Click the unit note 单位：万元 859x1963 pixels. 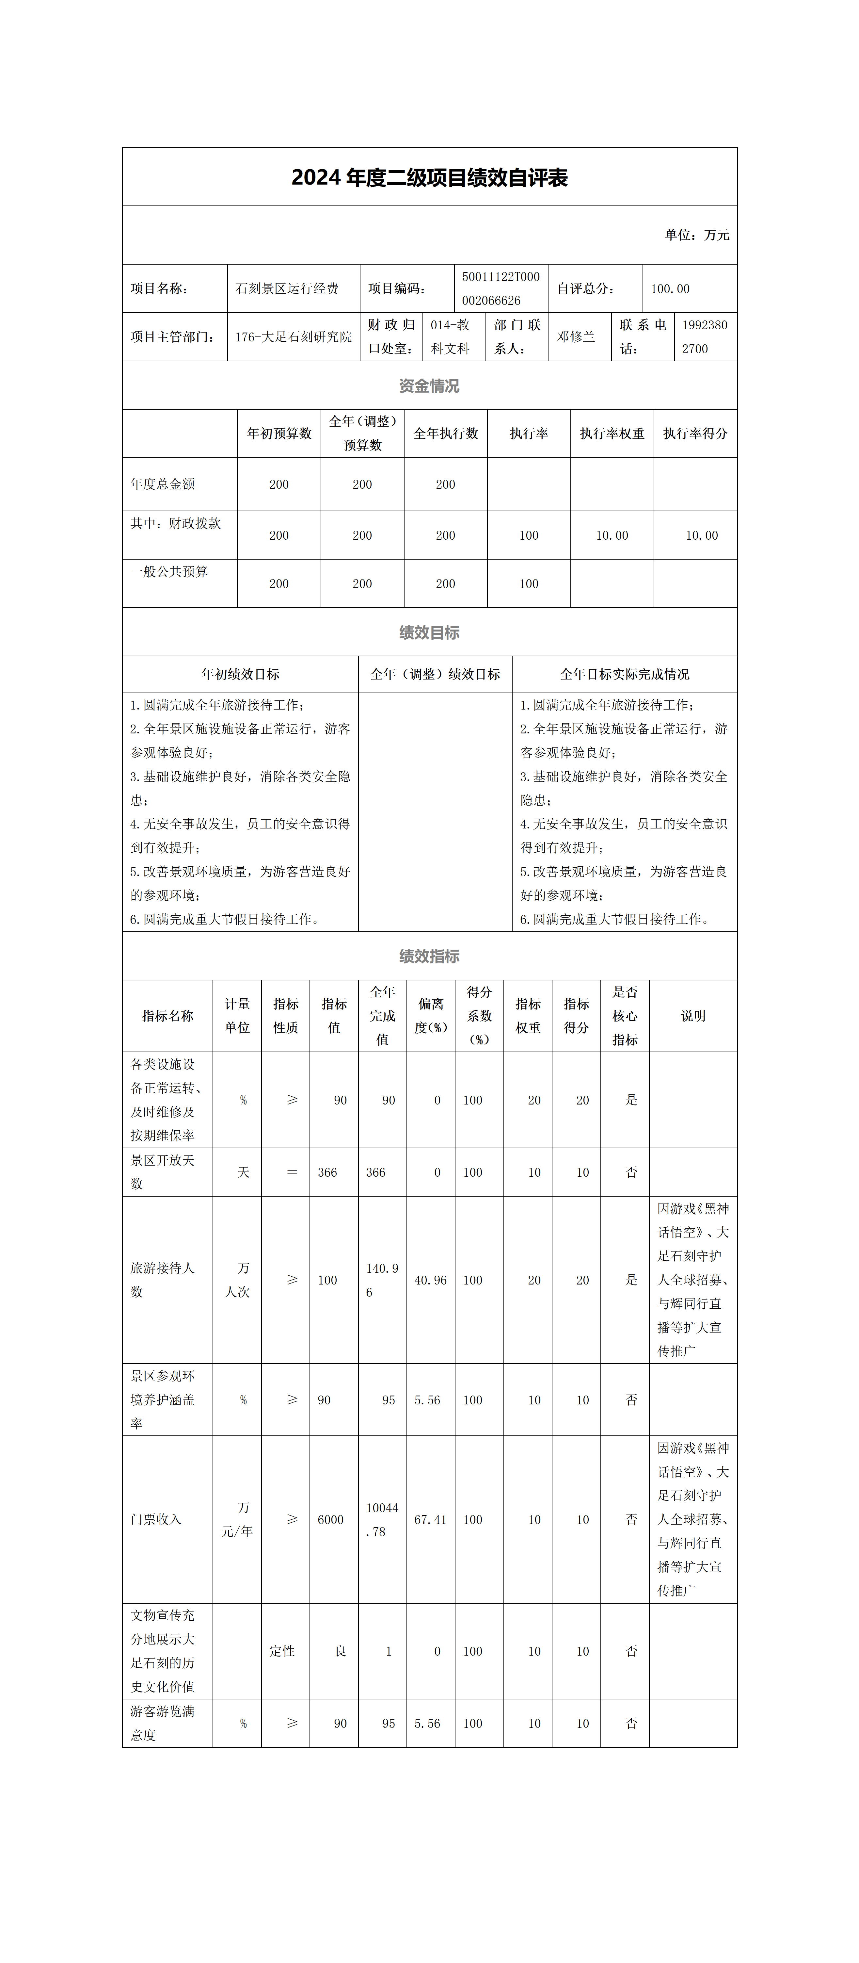[696, 235]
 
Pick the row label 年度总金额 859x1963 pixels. [163, 484]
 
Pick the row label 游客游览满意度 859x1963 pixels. [163, 1723]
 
